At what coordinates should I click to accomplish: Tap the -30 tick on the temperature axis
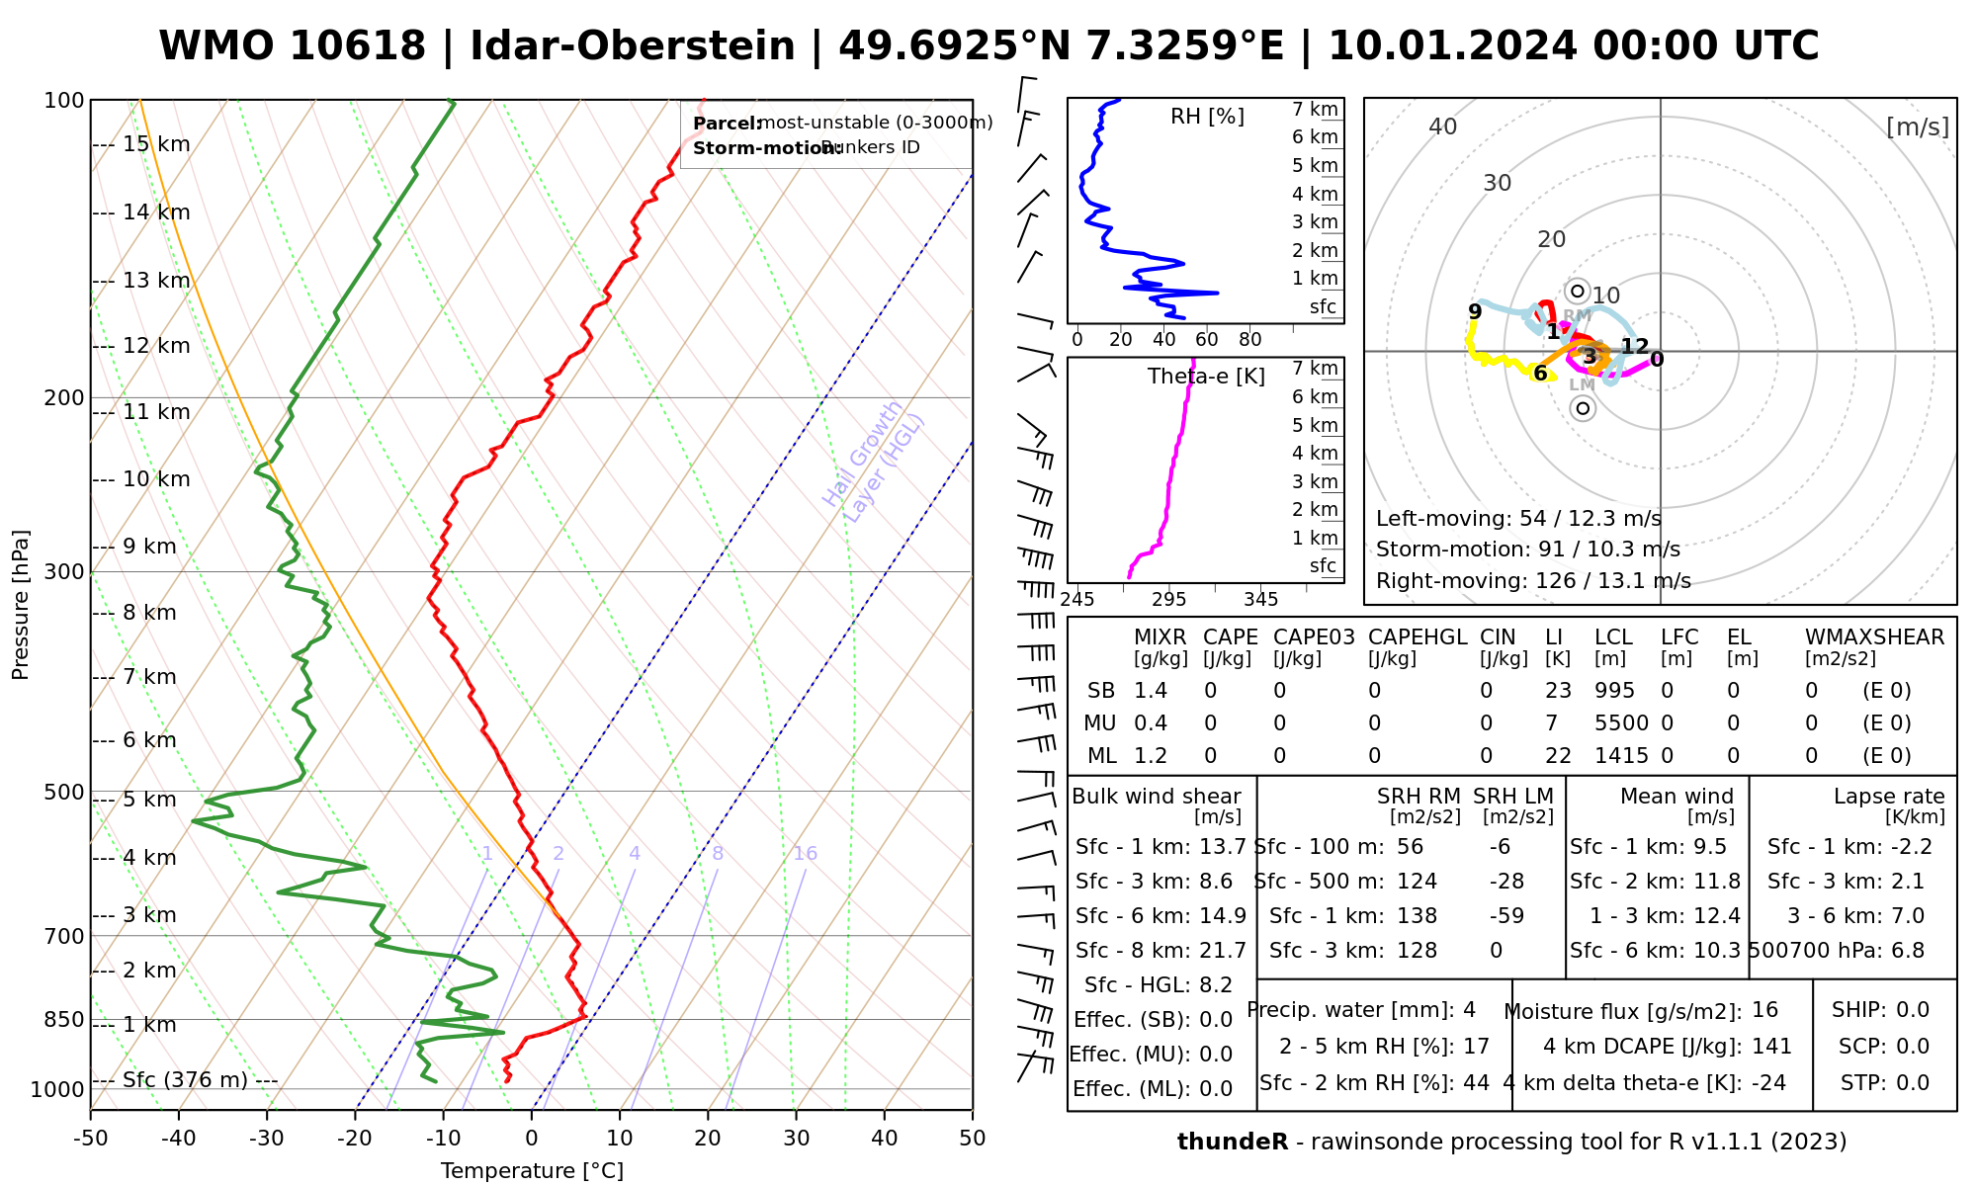(267, 1139)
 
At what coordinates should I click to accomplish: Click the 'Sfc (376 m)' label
(185, 1079)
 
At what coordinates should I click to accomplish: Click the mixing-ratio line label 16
(805, 854)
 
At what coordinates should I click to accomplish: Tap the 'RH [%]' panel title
(1207, 117)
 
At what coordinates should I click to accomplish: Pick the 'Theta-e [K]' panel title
(1206, 377)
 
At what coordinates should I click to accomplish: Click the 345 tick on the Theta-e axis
(1260, 600)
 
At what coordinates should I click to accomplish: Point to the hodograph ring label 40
(1443, 127)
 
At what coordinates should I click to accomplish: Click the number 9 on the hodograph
(1475, 312)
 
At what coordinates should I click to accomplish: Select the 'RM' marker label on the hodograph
(1577, 316)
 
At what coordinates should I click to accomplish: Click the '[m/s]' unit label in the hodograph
(1918, 127)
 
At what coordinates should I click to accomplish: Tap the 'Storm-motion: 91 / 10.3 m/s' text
(1527, 550)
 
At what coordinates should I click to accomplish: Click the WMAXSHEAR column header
(1874, 637)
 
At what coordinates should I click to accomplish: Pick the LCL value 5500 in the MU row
(1621, 723)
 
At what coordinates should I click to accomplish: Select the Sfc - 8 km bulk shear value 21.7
(1223, 951)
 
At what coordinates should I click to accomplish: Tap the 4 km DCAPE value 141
(1771, 1047)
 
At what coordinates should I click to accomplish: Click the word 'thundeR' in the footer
(1232, 1143)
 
